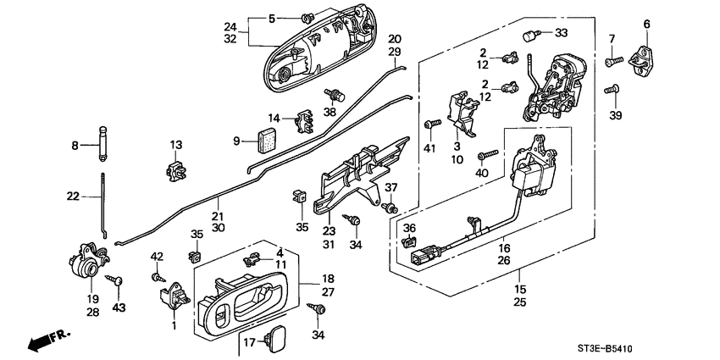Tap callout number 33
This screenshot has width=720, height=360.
pos(561,34)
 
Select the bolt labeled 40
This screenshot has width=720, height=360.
pos(486,157)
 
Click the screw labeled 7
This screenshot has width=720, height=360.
pos(613,61)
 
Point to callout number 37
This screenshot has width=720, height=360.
pos(391,187)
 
